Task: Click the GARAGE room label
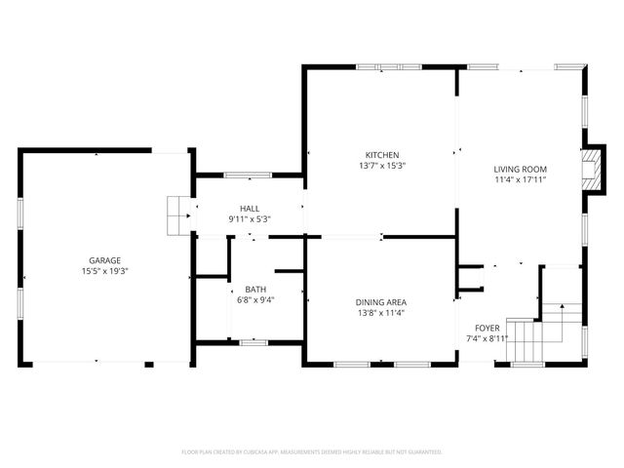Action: (105, 260)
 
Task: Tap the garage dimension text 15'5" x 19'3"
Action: (105, 271)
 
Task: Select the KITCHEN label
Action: (382, 155)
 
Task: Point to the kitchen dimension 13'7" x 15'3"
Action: (382, 166)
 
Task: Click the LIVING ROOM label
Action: (520, 169)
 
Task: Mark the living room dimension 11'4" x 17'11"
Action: (520, 179)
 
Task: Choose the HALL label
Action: (250, 209)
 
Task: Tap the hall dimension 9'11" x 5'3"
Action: (250, 219)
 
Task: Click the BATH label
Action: (255, 290)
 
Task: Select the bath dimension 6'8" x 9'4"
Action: (255, 300)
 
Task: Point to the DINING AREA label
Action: (380, 302)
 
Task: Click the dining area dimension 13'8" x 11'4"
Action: (380, 313)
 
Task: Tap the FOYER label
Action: (487, 328)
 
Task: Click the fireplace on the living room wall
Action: (591, 170)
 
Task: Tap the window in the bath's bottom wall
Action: (253, 342)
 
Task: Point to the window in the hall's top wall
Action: (248, 175)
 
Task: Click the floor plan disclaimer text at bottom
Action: (312, 452)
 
